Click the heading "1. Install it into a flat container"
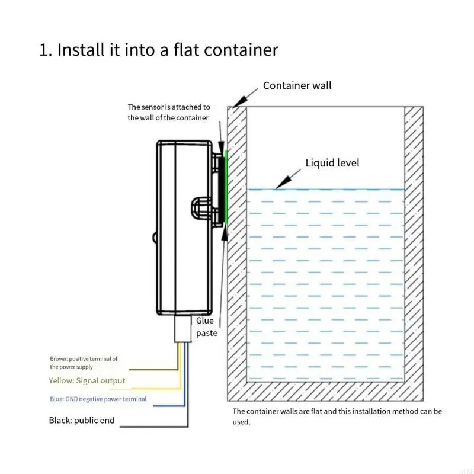coord(159,50)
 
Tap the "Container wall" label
coord(297,85)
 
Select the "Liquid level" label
coord(332,163)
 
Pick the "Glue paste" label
coord(207,326)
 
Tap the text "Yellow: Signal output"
coord(87,380)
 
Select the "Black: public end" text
coord(81,421)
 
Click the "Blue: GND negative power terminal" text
coord(98,399)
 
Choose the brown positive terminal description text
coord(83,363)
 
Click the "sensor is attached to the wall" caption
coord(169,112)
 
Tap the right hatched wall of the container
coord(414,249)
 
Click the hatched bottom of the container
coord(326,391)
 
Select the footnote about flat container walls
coord(337,416)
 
